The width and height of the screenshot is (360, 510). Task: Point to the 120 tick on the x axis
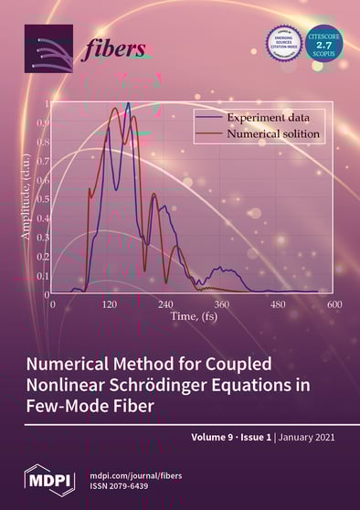pyautogui.click(x=109, y=303)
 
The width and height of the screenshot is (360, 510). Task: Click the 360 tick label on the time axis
pyautogui.click(x=221, y=303)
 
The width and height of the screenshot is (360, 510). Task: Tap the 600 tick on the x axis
pyautogui.click(x=334, y=303)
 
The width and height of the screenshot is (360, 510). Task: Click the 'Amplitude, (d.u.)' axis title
pyautogui.click(x=26, y=196)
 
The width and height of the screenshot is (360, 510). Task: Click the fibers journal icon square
pyautogui.click(x=48, y=48)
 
